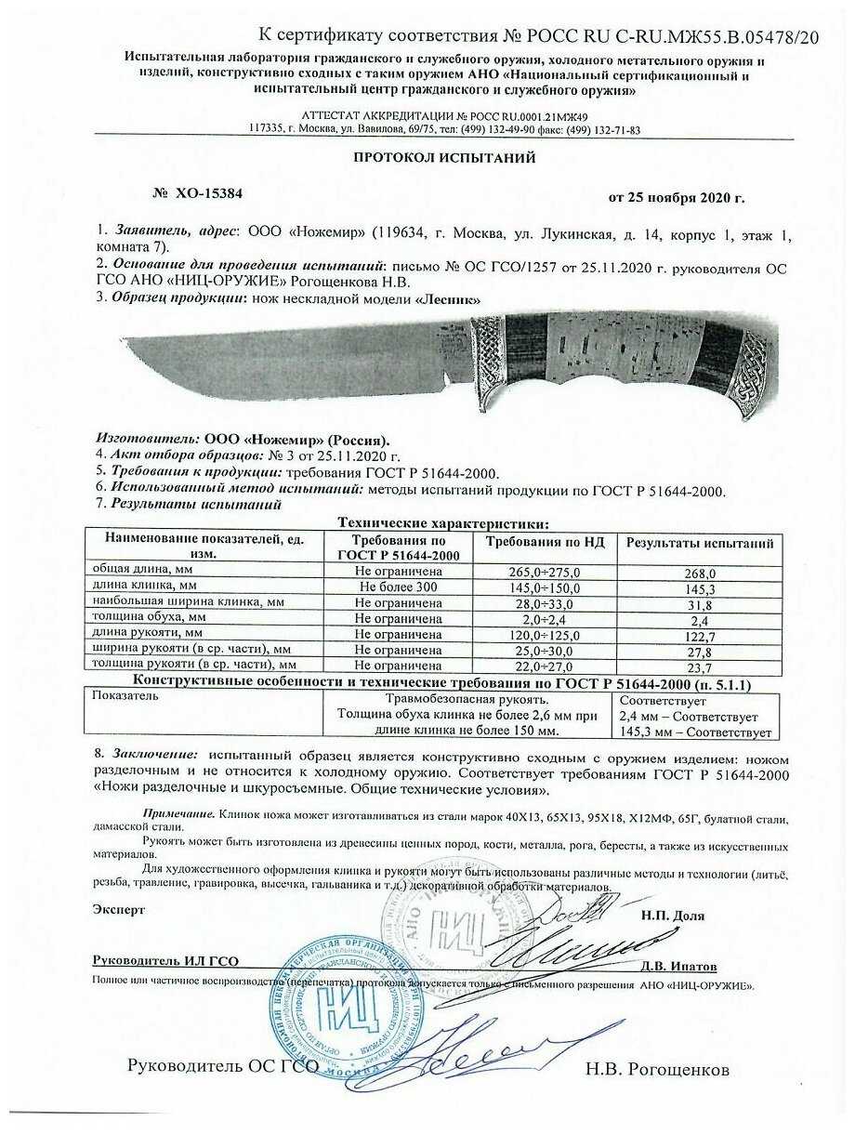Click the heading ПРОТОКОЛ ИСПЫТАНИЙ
tap(444, 158)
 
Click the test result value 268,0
tap(699, 574)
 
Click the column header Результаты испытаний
tap(699, 543)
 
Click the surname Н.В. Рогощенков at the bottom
tap(657, 1070)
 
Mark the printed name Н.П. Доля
tap(672, 916)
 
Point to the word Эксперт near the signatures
tap(119, 910)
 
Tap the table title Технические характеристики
tap(442, 523)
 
